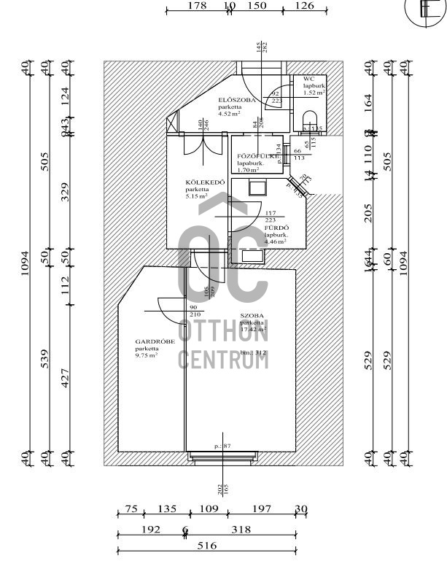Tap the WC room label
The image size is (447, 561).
pyautogui.click(x=308, y=78)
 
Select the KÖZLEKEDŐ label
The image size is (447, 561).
pyautogui.click(x=199, y=182)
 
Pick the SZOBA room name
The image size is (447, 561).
pyautogui.click(x=252, y=315)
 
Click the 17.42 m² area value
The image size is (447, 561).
pyautogui.click(x=252, y=329)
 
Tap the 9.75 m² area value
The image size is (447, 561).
pyautogui.click(x=147, y=355)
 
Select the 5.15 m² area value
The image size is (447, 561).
pyautogui.click(x=197, y=196)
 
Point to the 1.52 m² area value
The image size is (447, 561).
pyautogui.click(x=314, y=93)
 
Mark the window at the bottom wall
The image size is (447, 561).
pyautogui.click(x=222, y=457)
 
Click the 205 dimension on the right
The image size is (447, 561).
pyautogui.click(x=368, y=212)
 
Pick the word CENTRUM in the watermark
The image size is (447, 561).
pyautogui.click(x=223, y=359)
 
